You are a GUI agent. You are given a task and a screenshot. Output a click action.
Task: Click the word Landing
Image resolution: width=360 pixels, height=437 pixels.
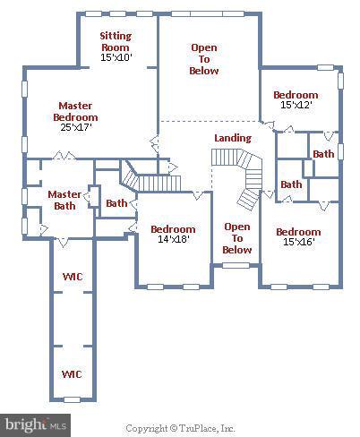[x=232, y=138]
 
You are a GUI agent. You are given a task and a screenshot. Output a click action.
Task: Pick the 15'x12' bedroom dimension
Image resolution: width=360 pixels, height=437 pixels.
[x=296, y=105]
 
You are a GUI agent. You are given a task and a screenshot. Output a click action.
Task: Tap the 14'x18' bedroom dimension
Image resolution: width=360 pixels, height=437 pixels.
[x=172, y=239]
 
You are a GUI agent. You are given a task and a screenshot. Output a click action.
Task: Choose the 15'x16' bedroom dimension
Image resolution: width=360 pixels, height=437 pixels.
[x=297, y=243]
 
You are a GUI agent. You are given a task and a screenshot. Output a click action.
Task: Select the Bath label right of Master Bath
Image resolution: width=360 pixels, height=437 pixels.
[x=116, y=203]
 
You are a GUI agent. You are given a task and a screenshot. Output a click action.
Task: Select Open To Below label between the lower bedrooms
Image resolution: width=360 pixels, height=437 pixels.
[x=236, y=238]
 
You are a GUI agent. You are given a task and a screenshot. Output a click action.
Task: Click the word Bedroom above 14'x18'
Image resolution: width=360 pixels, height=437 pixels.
[x=172, y=228]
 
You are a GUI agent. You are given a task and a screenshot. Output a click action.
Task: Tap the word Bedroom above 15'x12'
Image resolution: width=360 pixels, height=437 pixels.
[x=296, y=95]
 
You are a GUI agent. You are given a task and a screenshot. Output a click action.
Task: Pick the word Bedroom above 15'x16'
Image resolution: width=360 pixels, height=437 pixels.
[x=297, y=232]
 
